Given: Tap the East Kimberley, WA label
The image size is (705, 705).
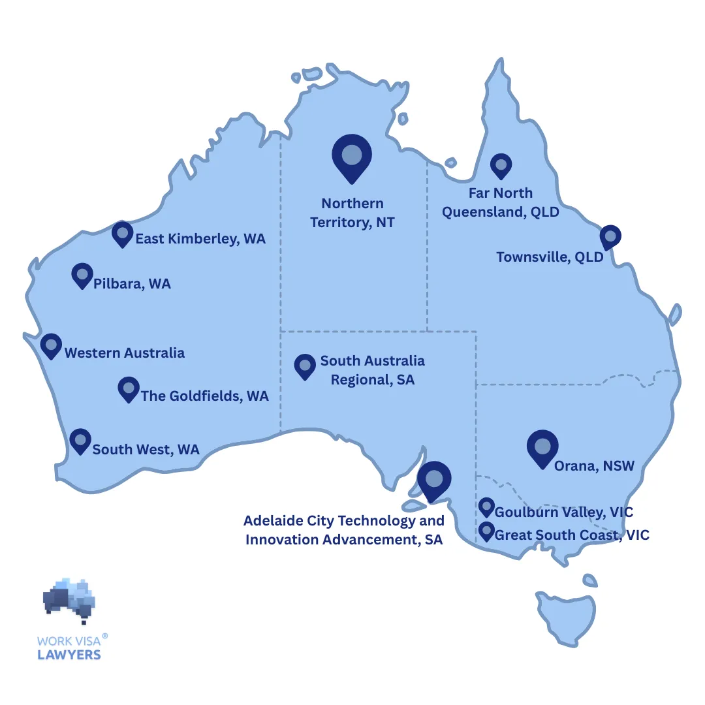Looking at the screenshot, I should coord(200,239).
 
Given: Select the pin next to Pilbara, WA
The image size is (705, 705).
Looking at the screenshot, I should coord(82,275).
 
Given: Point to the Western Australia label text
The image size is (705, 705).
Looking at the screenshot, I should coord(125,353).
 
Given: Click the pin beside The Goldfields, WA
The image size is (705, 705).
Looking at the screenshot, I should coord(129,388).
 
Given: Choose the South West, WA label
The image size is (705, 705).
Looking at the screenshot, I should coord(146,449).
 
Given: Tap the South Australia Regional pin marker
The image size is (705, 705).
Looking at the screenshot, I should coord(305,366).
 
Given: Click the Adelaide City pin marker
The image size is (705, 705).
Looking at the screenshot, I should coord(434,480).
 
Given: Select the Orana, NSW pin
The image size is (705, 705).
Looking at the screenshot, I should coord(542,448).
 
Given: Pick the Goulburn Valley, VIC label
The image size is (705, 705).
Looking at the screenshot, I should coord(564,512).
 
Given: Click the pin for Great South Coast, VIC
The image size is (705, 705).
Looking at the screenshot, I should coord(486,531).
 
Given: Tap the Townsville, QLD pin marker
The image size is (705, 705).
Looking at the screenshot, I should coord(610,236).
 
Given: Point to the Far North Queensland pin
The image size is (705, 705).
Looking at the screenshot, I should coord(501,166).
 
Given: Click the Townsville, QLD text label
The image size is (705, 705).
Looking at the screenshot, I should coord(550,257).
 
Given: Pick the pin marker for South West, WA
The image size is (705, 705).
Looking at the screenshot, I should coord(80,441).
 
